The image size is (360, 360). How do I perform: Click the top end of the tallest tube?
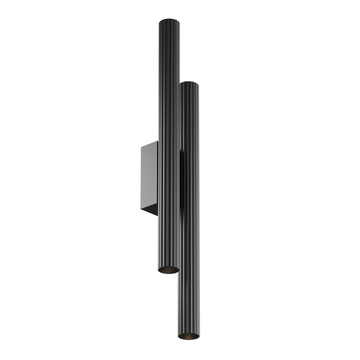click(168, 21)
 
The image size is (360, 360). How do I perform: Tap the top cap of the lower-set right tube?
click(189, 83)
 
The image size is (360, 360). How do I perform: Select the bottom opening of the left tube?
click(168, 270)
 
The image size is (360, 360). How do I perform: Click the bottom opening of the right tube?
click(188, 335)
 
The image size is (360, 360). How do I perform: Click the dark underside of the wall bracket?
click(150, 210)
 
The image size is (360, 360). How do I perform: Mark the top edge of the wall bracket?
click(150, 143)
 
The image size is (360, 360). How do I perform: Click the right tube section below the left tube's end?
click(188, 303)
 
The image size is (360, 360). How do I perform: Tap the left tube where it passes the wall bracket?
click(168, 177)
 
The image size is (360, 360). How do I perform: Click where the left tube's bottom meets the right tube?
click(179, 269)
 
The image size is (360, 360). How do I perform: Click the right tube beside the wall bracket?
click(189, 177)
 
